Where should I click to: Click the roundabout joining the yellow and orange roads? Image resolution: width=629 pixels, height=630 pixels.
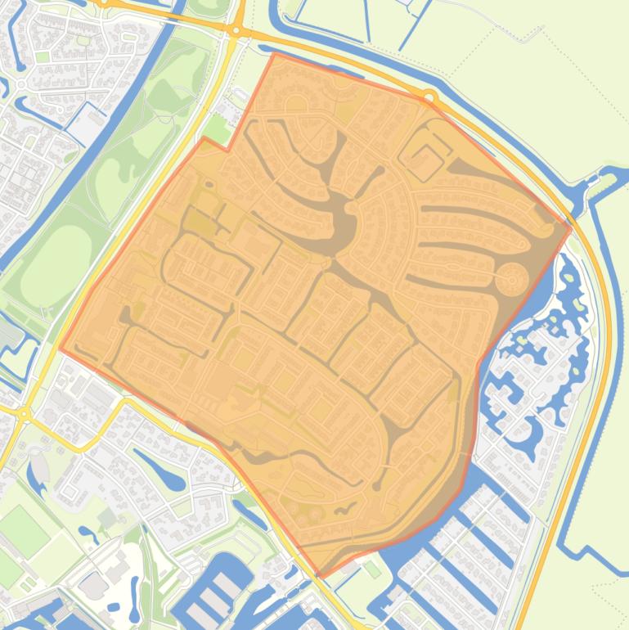(236, 31)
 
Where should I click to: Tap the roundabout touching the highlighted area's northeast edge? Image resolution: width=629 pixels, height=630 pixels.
(430, 98)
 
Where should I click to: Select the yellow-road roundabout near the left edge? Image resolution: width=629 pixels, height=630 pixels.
(24, 415)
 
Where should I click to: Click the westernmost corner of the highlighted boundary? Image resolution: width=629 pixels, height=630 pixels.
(60, 349)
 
